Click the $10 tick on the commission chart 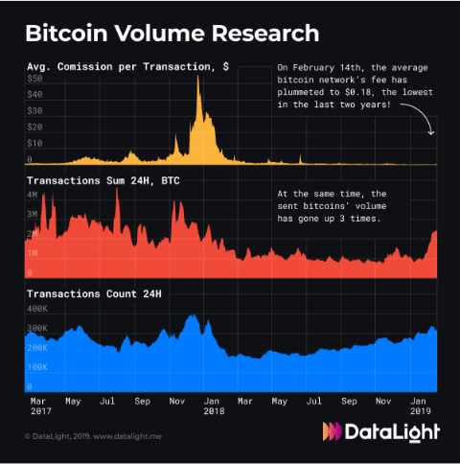(x=34, y=143)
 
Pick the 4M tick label (x=32, y=194)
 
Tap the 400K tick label (x=37, y=310)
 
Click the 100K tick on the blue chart (x=37, y=367)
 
